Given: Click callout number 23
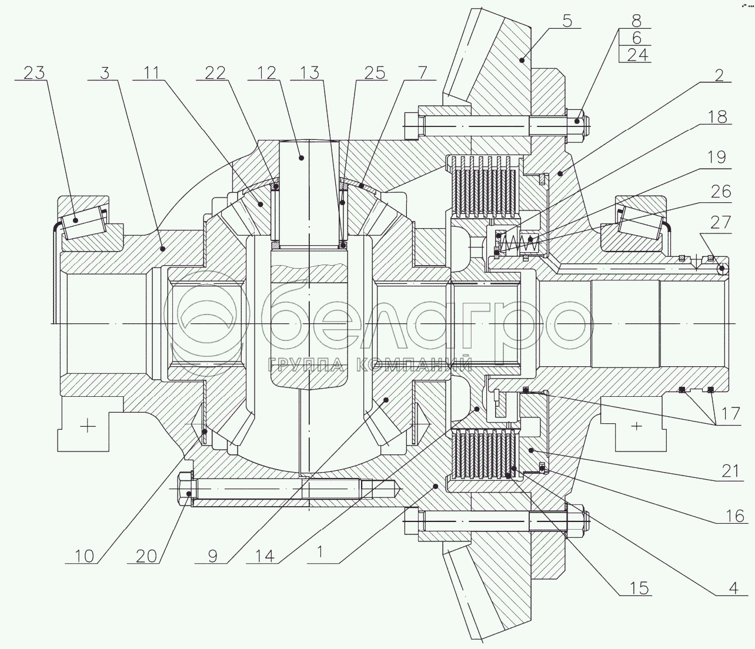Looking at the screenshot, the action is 34,73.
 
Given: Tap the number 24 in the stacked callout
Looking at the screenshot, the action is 637,55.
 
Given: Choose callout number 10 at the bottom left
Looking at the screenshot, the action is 84,556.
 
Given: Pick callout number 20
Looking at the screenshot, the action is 146,556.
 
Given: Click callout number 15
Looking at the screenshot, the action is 639,588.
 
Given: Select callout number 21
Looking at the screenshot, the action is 730,471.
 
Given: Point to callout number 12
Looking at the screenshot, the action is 266,73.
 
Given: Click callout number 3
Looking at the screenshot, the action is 105,73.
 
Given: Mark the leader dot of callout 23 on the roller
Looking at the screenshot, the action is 75,220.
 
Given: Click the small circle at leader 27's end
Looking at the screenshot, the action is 721,269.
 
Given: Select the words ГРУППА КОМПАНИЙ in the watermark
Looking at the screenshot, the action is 370,364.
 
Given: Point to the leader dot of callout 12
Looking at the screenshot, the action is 301,158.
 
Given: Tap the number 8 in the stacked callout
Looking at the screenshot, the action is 636,21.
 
